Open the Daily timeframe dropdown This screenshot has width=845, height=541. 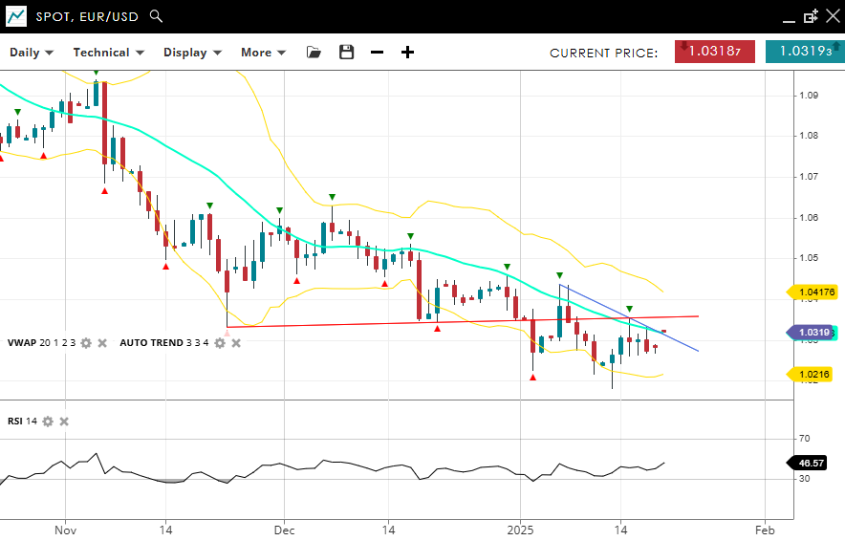pyautogui.click(x=32, y=53)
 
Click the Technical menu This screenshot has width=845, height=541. pyautogui.click(x=108, y=53)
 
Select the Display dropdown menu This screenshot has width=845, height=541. pyautogui.click(x=192, y=53)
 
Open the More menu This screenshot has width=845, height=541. pyautogui.click(x=263, y=53)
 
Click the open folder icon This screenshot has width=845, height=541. pyautogui.click(x=314, y=53)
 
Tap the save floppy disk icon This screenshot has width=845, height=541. pyautogui.click(x=346, y=53)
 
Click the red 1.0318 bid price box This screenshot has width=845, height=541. pyautogui.click(x=715, y=52)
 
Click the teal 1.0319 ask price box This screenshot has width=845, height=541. pyautogui.click(x=804, y=52)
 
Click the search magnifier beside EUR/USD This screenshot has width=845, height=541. pyautogui.click(x=157, y=16)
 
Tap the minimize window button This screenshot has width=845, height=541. pyautogui.click(x=789, y=17)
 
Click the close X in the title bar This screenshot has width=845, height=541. pyautogui.click(x=833, y=16)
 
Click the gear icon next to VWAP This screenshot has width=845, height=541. pyautogui.click(x=86, y=342)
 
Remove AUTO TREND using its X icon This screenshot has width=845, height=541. pyautogui.click(x=236, y=342)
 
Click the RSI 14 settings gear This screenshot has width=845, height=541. pyautogui.click(x=48, y=421)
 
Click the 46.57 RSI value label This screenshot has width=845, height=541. pyautogui.click(x=812, y=463)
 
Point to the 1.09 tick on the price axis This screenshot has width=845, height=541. pyautogui.click(x=808, y=95)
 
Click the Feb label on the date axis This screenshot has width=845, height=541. pyautogui.click(x=764, y=529)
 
